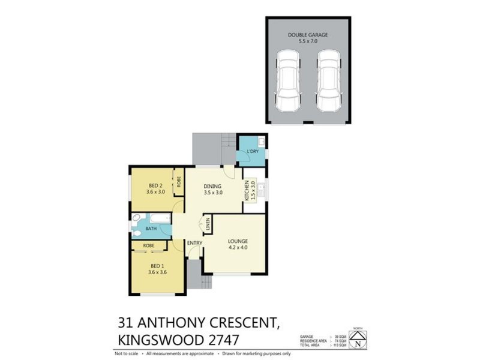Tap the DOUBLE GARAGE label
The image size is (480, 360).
click(x=308, y=35)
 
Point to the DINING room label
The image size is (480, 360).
click(x=213, y=186)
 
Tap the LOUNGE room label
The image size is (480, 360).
click(x=238, y=242)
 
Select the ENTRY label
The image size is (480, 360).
click(x=194, y=242)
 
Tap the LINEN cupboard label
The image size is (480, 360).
click(x=207, y=226)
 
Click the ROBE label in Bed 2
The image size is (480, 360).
click(x=179, y=182)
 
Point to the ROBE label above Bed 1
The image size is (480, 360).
click(x=149, y=245)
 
